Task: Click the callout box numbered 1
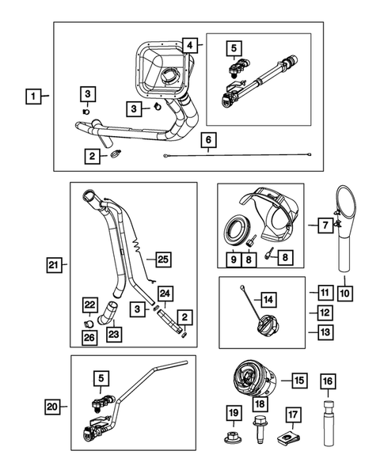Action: [x=32, y=97]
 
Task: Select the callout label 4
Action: [x=189, y=45]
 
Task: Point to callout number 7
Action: [x=325, y=225]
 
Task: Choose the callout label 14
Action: [x=269, y=299]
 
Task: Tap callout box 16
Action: [x=326, y=381]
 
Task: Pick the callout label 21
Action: [x=52, y=263]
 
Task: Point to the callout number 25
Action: [x=162, y=258]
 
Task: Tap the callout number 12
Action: [x=325, y=313]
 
